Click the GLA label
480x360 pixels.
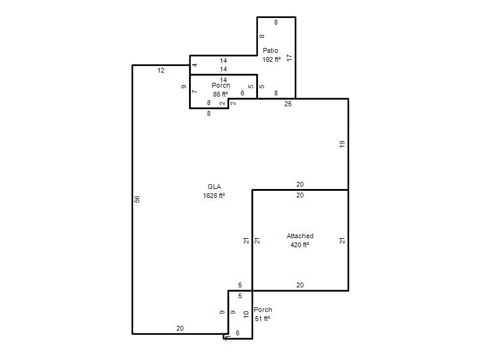(214, 187)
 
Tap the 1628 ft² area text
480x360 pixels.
(214, 196)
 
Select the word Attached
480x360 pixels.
(300, 236)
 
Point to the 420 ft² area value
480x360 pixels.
(299, 245)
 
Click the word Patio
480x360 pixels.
(271, 50)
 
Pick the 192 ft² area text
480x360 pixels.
(272, 59)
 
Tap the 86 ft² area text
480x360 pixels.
(220, 94)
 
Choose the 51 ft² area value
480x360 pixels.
(262, 319)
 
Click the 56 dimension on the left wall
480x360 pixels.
(137, 199)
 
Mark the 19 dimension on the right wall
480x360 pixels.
(342, 144)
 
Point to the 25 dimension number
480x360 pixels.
(288, 104)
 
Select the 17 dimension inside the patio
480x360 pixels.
(290, 58)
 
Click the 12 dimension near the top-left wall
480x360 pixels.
(161, 70)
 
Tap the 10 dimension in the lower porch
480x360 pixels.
(246, 314)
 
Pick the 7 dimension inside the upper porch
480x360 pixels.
(194, 92)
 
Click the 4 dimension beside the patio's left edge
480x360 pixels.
(194, 65)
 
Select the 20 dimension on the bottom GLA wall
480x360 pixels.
(180, 328)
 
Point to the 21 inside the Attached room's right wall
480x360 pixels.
(342, 241)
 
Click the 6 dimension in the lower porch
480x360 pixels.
(238, 333)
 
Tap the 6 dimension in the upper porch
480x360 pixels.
(242, 93)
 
